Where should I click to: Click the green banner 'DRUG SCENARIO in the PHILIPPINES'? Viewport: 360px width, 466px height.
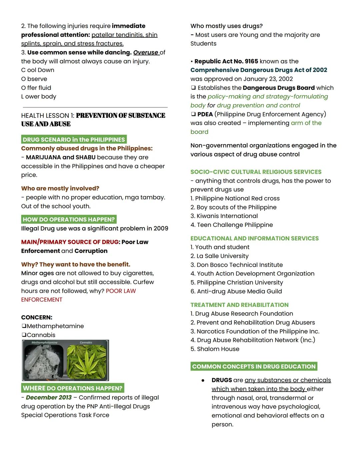(74, 139)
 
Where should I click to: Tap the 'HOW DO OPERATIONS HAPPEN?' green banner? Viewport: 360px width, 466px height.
(69, 219)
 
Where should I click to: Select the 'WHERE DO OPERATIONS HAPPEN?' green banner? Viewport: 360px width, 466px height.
(73, 388)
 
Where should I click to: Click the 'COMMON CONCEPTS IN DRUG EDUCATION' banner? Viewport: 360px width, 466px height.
(254, 366)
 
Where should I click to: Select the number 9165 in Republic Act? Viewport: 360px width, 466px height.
(251, 61)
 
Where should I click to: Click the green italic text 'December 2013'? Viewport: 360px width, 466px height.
(49, 398)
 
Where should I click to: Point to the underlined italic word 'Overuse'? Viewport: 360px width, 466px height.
(146, 52)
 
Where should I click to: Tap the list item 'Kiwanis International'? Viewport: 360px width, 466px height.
(227, 216)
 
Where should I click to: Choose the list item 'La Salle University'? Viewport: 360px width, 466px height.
(222, 256)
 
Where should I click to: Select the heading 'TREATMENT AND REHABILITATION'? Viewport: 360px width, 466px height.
(239, 305)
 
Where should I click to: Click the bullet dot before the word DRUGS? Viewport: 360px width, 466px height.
(203, 380)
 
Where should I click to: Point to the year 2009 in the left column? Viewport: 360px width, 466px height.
(161, 228)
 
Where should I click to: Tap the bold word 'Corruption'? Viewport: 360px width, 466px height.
(91, 251)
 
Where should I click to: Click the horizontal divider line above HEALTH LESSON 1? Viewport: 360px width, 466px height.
(95, 107)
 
